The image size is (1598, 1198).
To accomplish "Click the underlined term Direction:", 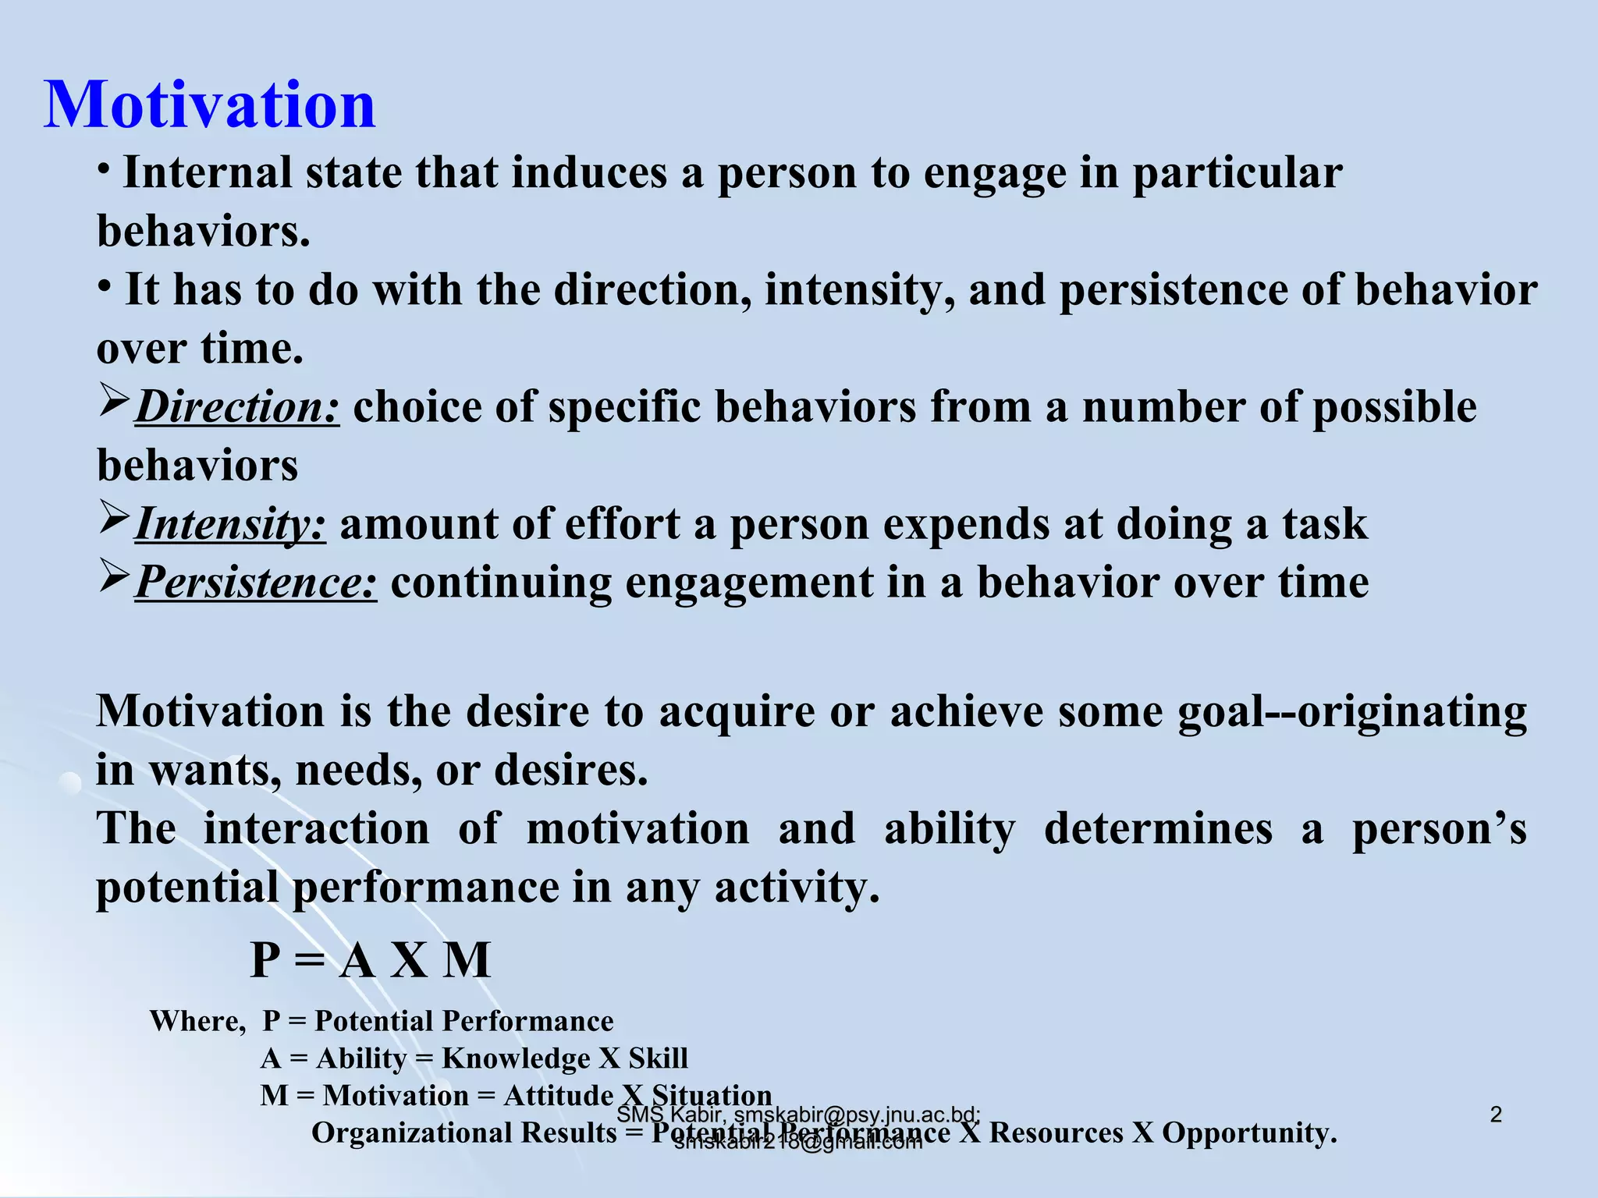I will click(x=237, y=407).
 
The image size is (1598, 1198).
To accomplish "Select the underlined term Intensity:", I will click(x=230, y=524).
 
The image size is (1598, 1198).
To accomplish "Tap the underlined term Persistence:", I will click(x=256, y=583).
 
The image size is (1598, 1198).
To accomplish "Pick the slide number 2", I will click(x=1496, y=1115).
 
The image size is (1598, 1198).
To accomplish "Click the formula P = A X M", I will click(x=371, y=960).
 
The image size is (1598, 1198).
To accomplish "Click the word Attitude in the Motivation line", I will click(x=559, y=1096).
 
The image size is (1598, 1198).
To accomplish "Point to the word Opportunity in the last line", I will click(x=1249, y=1133).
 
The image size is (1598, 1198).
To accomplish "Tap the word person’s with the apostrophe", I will click(x=1439, y=829).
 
